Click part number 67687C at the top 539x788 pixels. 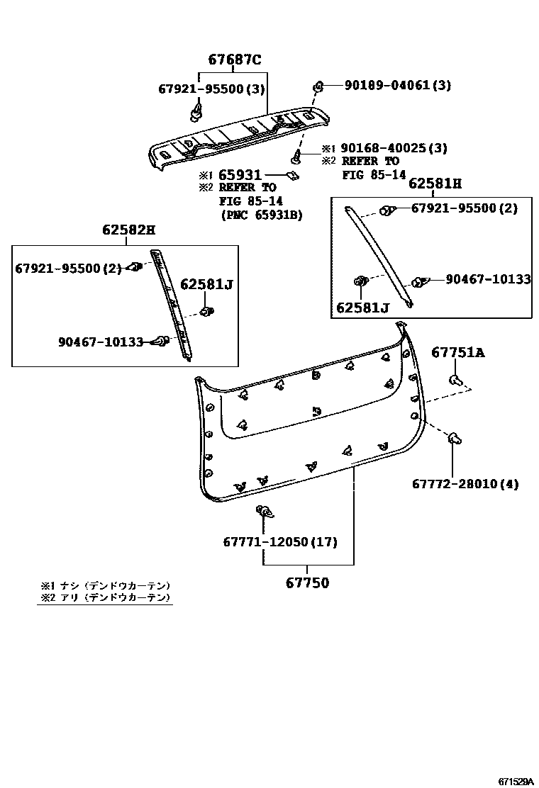pyautogui.click(x=234, y=60)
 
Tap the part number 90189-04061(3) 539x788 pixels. pyautogui.click(x=397, y=85)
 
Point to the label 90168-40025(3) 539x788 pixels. pyautogui.click(x=394, y=148)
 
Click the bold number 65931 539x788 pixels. pyautogui.click(x=240, y=175)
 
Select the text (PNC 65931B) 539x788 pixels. pyautogui.click(x=261, y=215)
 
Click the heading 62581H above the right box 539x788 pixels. pyautogui.click(x=435, y=184)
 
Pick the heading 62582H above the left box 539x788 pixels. pyautogui.click(x=128, y=230)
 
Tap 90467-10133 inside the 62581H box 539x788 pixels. pyautogui.click(x=488, y=280)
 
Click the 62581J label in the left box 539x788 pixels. pyautogui.click(x=206, y=284)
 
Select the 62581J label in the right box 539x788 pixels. pyautogui.click(x=362, y=308)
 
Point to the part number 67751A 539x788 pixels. pyautogui.click(x=458, y=353)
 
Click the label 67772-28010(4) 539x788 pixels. pyautogui.click(x=465, y=484)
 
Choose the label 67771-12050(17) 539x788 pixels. pyautogui.click(x=280, y=542)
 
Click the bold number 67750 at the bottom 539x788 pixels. pyautogui.click(x=308, y=582)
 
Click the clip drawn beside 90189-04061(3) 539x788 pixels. pyautogui.click(x=318, y=86)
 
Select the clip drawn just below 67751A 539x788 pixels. pyautogui.click(x=456, y=381)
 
